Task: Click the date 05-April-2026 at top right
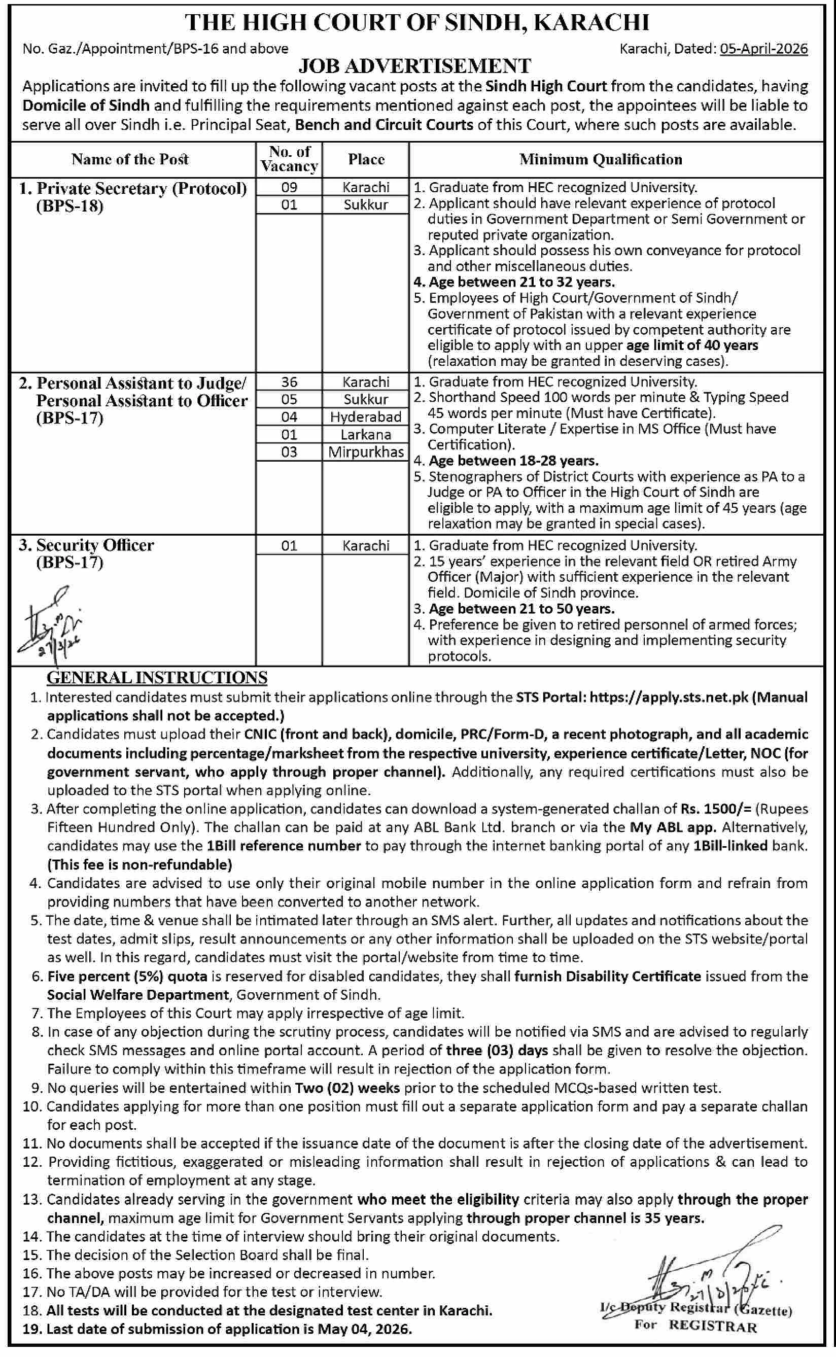point(763,49)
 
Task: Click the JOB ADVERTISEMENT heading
point(414,66)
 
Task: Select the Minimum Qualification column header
point(601,159)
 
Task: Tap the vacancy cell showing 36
point(289,382)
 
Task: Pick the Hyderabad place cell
point(365,417)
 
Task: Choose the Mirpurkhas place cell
point(365,452)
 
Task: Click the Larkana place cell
point(365,434)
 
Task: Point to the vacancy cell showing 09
point(289,187)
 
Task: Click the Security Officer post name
point(95,545)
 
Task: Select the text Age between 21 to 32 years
point(521,283)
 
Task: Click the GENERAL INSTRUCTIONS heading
point(157,678)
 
